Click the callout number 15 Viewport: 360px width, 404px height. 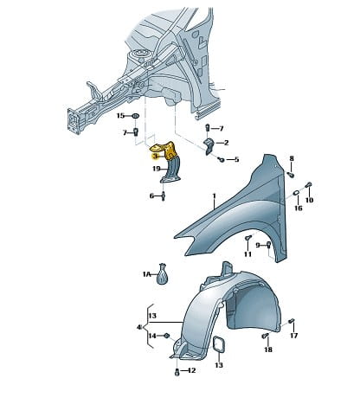(120, 116)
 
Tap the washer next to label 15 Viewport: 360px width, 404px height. (135, 116)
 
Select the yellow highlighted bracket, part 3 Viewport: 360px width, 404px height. (164, 150)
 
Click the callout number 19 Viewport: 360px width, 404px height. (157, 169)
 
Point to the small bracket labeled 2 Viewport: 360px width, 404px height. (209, 146)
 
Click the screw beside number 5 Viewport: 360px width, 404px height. (222, 159)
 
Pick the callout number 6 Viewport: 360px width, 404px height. (151, 196)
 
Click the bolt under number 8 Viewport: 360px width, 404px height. (291, 174)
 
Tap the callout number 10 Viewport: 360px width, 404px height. (309, 200)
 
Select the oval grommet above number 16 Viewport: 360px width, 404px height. (297, 193)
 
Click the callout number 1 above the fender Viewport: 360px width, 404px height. (214, 196)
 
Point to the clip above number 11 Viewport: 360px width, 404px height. (248, 238)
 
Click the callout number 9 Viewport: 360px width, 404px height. (258, 245)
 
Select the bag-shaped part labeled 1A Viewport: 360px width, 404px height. (163, 274)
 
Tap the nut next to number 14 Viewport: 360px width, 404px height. (166, 336)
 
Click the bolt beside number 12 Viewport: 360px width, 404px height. (177, 372)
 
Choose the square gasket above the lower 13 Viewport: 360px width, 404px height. (219, 344)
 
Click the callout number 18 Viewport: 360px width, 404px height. (268, 349)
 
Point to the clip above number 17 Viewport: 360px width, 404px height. (292, 321)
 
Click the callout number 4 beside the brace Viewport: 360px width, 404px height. (139, 328)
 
